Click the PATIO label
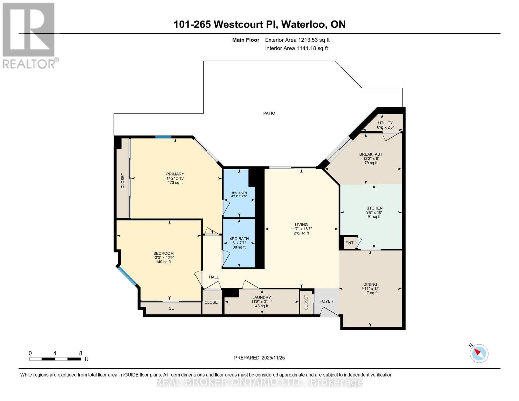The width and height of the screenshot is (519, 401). click(x=269, y=113)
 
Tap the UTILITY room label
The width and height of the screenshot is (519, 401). click(x=385, y=123)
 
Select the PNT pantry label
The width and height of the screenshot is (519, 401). click(x=349, y=243)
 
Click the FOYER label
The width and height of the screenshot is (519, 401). click(x=326, y=301)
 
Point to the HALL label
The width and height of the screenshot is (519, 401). click(x=214, y=277)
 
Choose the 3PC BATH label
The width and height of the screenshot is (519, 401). click(x=239, y=193)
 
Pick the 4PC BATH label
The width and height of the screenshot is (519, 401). click(x=239, y=239)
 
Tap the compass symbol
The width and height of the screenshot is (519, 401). click(x=479, y=353)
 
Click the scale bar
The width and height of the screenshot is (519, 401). click(x=55, y=359)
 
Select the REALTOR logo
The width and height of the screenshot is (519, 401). click(x=29, y=35)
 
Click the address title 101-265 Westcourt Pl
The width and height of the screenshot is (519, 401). click(x=259, y=24)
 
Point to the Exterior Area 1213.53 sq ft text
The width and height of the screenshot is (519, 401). click(x=297, y=40)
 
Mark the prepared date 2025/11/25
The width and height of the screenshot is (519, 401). click(x=259, y=358)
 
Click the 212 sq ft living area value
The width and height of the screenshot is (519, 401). click(x=301, y=233)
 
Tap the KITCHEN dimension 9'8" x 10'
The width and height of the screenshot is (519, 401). click(x=374, y=212)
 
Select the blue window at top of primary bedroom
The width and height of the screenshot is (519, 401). click(x=163, y=137)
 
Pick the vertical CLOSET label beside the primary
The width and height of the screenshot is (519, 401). click(x=122, y=180)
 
